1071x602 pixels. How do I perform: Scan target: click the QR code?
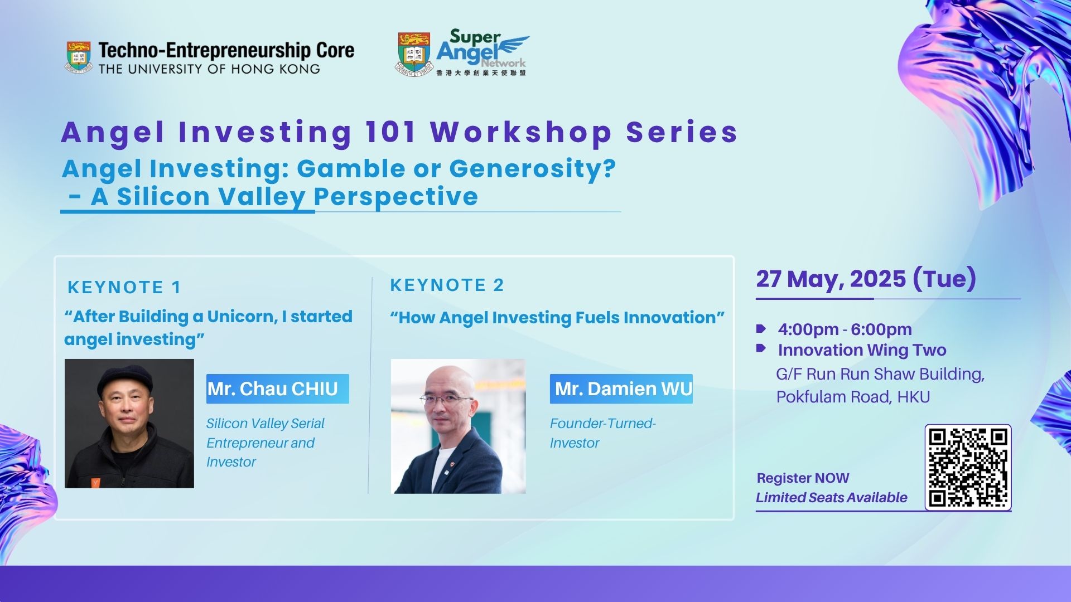[x=968, y=468]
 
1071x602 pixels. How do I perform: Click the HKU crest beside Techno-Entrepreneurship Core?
[x=79, y=57]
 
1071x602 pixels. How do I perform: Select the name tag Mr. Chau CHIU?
[x=278, y=389]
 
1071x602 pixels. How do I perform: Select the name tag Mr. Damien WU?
[x=621, y=389]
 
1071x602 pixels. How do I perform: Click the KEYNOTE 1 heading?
[x=124, y=287]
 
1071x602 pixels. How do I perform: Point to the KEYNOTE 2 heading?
[x=447, y=285]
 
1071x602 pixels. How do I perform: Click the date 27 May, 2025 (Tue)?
[x=866, y=279]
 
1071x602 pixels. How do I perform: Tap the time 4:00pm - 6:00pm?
[x=845, y=329]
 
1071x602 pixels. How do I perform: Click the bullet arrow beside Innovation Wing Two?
[x=761, y=348]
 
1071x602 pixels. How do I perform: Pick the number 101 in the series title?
[x=391, y=132]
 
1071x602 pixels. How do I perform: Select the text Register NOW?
[x=803, y=478]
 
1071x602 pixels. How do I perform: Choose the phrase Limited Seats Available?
[x=832, y=497]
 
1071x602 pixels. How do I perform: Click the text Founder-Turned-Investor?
[x=603, y=433]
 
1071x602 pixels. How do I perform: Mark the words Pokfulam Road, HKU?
[x=853, y=397]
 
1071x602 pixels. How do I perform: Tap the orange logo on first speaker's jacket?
[x=96, y=483]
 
